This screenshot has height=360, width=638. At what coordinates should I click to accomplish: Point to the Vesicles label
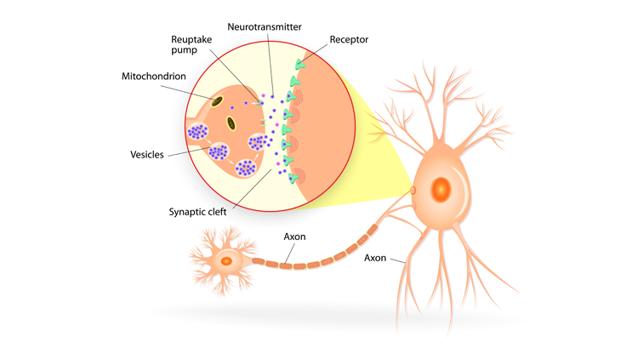147,155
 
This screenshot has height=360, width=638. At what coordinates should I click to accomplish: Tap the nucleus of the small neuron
225,261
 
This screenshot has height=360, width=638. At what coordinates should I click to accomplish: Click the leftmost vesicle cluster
198,132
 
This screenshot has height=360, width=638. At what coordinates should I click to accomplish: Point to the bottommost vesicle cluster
247,168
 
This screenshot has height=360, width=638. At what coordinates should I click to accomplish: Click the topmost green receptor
299,65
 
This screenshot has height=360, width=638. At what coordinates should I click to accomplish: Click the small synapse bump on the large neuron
412,189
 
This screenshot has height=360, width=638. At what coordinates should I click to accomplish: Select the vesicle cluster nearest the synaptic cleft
258,143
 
